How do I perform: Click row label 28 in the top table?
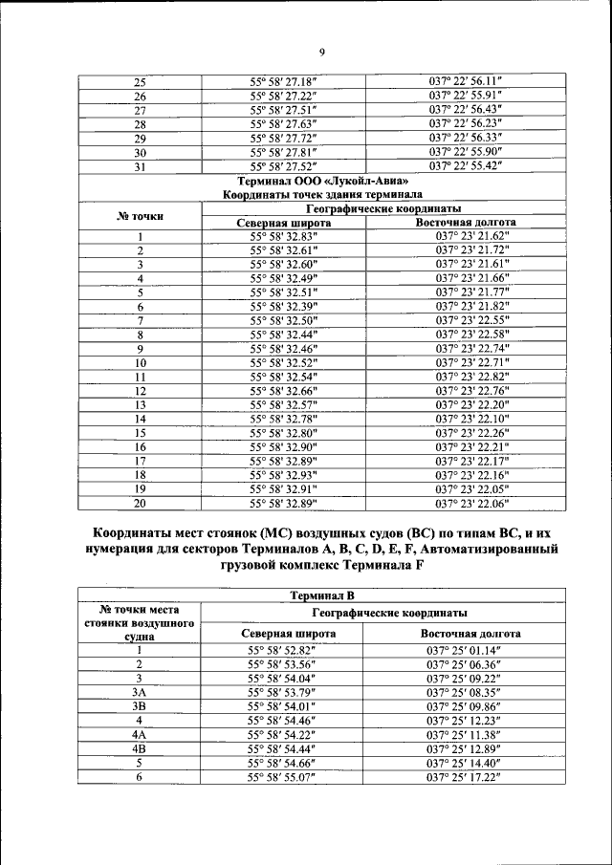click(140, 125)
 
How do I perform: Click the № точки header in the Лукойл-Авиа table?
click(140, 216)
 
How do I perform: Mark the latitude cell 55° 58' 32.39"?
click(283, 306)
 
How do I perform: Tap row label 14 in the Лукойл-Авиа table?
click(140, 420)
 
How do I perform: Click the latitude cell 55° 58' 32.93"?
click(283, 475)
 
